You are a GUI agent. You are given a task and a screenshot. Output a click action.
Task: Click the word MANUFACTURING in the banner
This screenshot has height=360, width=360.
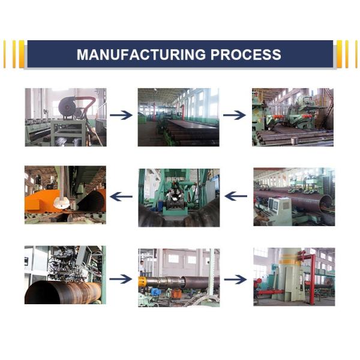point(141,55)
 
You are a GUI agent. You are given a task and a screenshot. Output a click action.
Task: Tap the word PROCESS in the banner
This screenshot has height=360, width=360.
point(246,55)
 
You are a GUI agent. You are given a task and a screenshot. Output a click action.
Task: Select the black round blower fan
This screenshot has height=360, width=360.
point(67,107)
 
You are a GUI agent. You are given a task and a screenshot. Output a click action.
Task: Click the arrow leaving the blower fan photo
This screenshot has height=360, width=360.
point(121,115)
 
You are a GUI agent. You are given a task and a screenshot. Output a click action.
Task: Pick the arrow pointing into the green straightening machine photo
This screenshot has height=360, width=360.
point(235,115)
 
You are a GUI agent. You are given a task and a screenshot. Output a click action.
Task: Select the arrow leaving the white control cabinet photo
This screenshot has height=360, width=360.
point(236,196)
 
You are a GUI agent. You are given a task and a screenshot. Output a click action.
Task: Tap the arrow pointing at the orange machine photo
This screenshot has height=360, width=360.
point(121,197)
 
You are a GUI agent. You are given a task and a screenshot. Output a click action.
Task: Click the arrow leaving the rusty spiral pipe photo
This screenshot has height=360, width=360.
point(121,279)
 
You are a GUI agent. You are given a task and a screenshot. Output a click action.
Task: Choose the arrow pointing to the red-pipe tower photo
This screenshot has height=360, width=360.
point(236,280)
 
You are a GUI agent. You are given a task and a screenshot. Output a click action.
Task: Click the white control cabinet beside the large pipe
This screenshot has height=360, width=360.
point(280,211)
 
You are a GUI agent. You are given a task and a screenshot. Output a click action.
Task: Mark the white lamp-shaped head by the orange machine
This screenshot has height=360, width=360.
point(61,203)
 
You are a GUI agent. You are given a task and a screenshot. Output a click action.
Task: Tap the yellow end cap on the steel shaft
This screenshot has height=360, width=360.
point(142,281)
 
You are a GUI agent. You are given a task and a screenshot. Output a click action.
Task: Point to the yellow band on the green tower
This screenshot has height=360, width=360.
point(290,262)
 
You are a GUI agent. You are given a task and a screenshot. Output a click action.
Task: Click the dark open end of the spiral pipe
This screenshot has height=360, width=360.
point(43,293)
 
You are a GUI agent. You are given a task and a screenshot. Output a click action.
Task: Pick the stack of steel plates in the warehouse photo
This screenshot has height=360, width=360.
point(192,133)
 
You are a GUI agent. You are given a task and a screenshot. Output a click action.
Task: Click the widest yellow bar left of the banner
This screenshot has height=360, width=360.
point(22,54)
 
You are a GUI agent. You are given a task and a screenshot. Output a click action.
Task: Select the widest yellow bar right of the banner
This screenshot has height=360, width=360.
point(340,54)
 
